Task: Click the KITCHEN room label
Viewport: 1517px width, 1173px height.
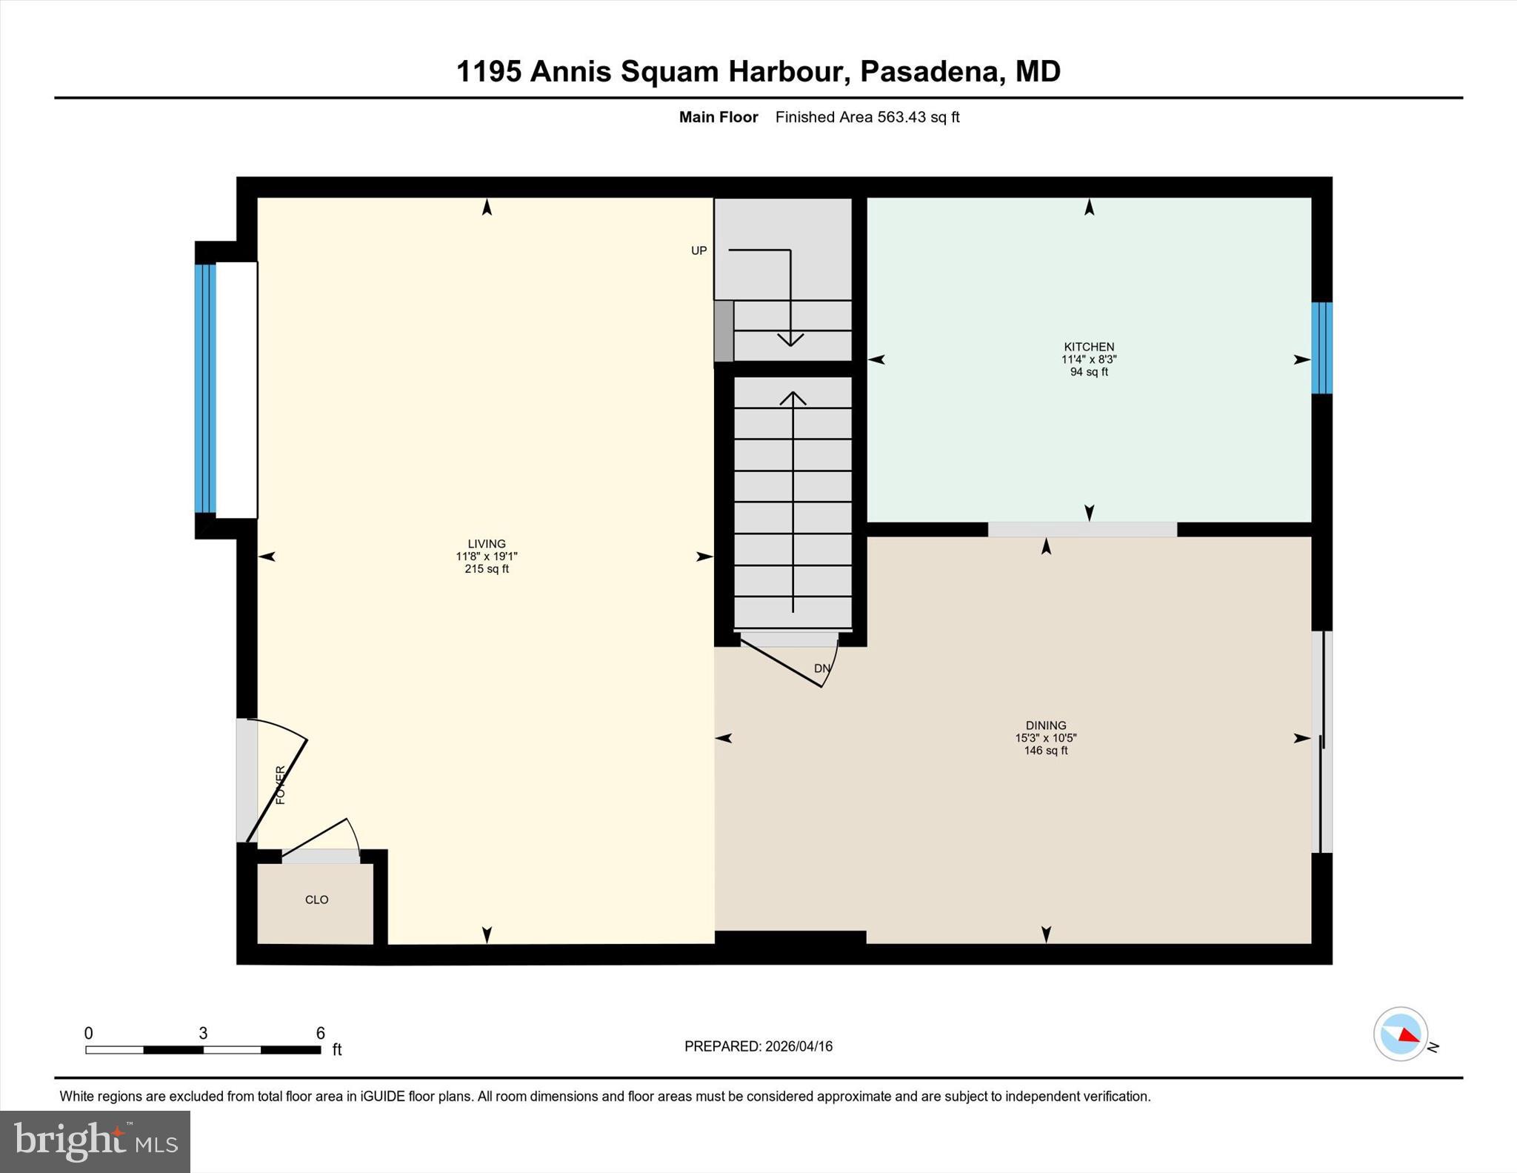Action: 1088,347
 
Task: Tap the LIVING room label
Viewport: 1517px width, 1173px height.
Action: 486,544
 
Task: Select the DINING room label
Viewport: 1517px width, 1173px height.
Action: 1045,725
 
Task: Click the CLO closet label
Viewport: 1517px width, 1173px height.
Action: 316,900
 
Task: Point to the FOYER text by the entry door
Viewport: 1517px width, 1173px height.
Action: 280,785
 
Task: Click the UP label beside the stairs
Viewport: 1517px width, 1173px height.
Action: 699,250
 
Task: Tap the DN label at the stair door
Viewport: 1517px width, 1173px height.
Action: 821,668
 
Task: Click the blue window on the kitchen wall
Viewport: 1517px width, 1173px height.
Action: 1321,348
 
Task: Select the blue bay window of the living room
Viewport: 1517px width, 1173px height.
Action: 205,389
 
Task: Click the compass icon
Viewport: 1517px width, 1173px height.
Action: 1400,1034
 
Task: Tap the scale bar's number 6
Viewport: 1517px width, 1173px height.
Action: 320,1033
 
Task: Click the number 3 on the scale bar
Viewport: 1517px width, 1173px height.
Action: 203,1033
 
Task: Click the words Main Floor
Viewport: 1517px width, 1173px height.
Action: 718,117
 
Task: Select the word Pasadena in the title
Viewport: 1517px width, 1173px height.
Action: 930,72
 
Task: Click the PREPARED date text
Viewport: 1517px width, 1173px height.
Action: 758,1046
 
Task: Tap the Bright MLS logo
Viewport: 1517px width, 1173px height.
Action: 95,1141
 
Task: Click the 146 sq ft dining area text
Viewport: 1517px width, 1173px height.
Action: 1045,751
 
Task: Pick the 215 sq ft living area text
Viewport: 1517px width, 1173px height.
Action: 486,569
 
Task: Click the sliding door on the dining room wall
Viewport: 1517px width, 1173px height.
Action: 1321,741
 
